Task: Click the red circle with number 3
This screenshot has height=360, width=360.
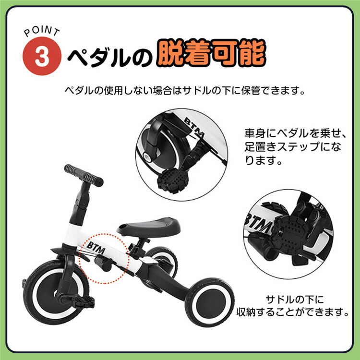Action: (42, 57)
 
